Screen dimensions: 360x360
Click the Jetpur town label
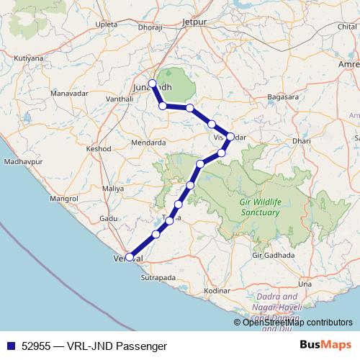(x=194, y=22)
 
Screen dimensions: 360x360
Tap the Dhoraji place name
(x=150, y=28)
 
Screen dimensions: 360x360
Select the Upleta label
(x=105, y=24)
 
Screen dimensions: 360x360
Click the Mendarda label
(x=148, y=143)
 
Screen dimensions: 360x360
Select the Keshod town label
(x=99, y=148)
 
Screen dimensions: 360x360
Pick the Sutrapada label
(x=158, y=276)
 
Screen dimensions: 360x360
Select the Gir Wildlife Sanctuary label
(x=259, y=207)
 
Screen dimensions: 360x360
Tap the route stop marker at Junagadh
(x=152, y=83)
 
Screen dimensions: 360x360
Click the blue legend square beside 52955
(x=10, y=346)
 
